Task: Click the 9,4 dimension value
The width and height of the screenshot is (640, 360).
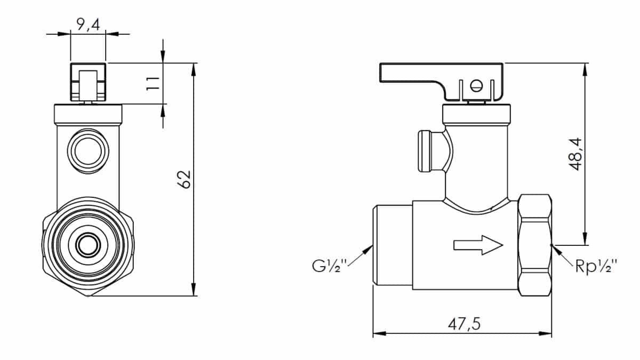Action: pyautogui.click(x=88, y=25)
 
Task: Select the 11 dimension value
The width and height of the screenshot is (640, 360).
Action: pyautogui.click(x=153, y=83)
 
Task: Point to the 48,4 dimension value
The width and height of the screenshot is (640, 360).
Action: pyautogui.click(x=575, y=154)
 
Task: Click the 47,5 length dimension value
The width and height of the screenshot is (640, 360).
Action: pyautogui.click(x=464, y=324)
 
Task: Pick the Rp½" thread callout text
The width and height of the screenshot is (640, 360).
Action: pyautogui.click(x=596, y=266)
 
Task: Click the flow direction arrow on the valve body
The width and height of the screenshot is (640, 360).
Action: pyautogui.click(x=478, y=245)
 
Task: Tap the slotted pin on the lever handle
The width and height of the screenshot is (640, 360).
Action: pyautogui.click(x=476, y=85)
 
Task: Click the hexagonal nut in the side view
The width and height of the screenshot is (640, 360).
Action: pyautogui.click(x=535, y=245)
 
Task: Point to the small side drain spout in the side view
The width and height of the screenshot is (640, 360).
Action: pyautogui.click(x=431, y=151)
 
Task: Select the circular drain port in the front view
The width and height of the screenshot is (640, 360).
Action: pyautogui.click(x=88, y=151)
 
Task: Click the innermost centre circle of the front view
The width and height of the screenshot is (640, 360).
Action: pyautogui.click(x=88, y=245)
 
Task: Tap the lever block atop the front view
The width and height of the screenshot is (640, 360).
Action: pyautogui.click(x=88, y=82)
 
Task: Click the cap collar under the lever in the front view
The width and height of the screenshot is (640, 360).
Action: pyautogui.click(x=88, y=114)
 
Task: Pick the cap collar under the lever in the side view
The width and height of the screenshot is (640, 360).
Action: pyautogui.click(x=476, y=114)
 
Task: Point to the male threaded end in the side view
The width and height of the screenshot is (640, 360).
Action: pyautogui.click(x=393, y=245)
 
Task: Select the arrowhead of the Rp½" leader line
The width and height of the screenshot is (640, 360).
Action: pyautogui.click(x=556, y=250)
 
